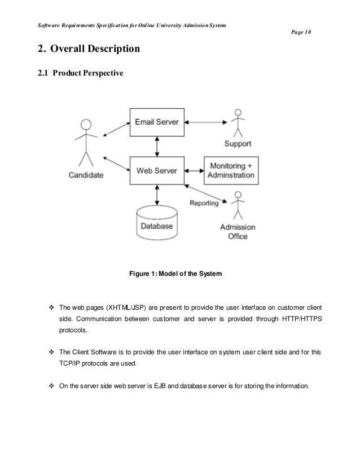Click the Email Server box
(157, 122)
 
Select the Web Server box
(157, 169)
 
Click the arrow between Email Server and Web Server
(157, 146)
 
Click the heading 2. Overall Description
(88, 50)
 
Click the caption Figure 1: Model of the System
(175, 274)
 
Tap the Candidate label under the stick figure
(86, 175)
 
